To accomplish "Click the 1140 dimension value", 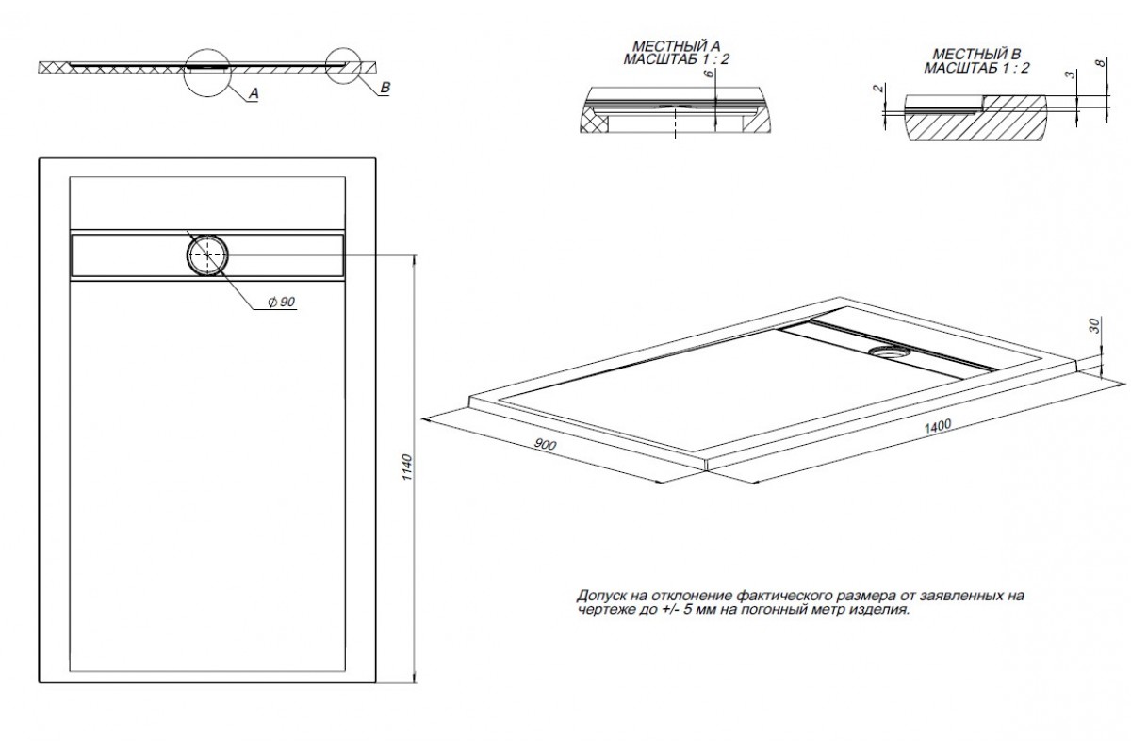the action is (x=408, y=467).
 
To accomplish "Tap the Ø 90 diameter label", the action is (x=282, y=302).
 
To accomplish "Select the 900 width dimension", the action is (x=545, y=444).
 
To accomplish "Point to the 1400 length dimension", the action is (x=938, y=426).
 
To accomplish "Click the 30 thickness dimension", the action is (x=1093, y=325).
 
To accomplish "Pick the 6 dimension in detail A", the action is (x=710, y=74).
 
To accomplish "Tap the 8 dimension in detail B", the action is (x=1101, y=63).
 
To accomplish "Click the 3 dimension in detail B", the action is (x=1070, y=74).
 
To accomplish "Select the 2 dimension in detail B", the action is (x=878, y=89).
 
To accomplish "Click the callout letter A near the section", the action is (x=254, y=93).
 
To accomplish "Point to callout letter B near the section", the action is (x=385, y=88).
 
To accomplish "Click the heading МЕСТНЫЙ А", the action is (x=676, y=46).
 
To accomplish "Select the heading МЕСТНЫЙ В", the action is (x=976, y=54).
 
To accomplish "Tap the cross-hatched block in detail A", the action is (x=594, y=123).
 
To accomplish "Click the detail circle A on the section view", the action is (x=207, y=49).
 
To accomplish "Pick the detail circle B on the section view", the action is (x=343, y=48).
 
